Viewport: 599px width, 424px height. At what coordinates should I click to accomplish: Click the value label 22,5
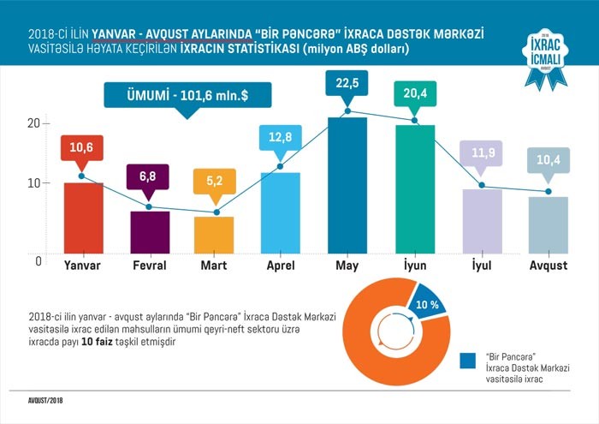(x=347, y=83)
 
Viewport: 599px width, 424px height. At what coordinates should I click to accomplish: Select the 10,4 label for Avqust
(x=549, y=161)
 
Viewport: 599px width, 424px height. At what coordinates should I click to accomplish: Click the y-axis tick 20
(x=34, y=123)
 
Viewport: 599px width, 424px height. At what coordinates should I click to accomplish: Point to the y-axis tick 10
(x=34, y=182)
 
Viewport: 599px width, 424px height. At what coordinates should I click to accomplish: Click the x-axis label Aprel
(x=280, y=266)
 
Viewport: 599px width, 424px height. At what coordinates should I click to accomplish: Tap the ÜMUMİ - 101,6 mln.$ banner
(x=187, y=94)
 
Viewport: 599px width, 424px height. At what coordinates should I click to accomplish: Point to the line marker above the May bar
(x=347, y=111)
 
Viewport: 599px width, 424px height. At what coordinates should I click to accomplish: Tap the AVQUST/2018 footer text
(x=42, y=400)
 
